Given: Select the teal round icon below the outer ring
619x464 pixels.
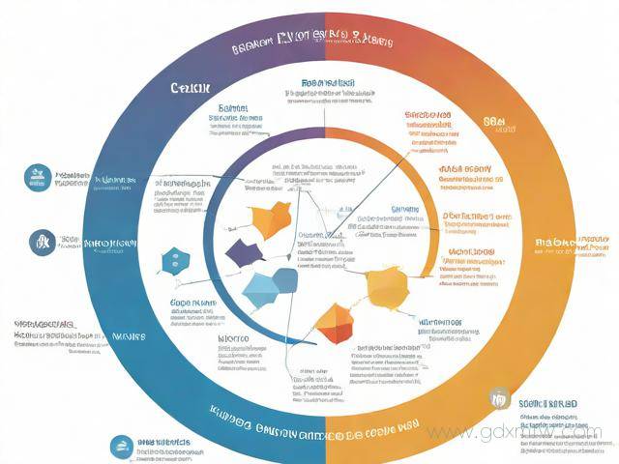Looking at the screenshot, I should tap(121, 445).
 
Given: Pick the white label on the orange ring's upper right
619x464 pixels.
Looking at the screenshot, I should tap(495, 123).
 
